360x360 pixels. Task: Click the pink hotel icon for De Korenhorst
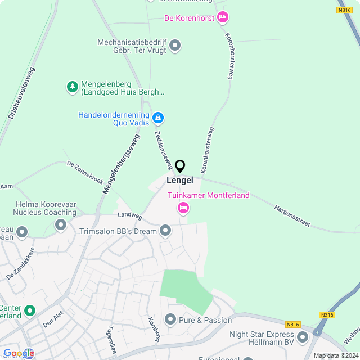click(x=223, y=18)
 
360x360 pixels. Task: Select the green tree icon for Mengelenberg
click(x=72, y=87)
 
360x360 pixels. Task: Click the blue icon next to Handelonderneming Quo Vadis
click(x=159, y=118)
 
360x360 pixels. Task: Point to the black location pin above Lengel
click(x=180, y=166)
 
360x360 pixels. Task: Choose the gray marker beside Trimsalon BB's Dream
click(x=165, y=231)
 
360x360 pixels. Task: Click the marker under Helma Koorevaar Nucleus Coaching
click(x=60, y=225)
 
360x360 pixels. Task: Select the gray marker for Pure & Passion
click(x=170, y=319)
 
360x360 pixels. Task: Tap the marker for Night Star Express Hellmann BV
click(x=303, y=337)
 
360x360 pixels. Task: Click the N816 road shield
click(x=292, y=325)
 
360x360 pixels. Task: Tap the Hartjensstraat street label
click(x=292, y=215)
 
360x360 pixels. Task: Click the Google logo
click(x=19, y=353)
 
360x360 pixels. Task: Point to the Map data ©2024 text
click(x=335, y=355)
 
